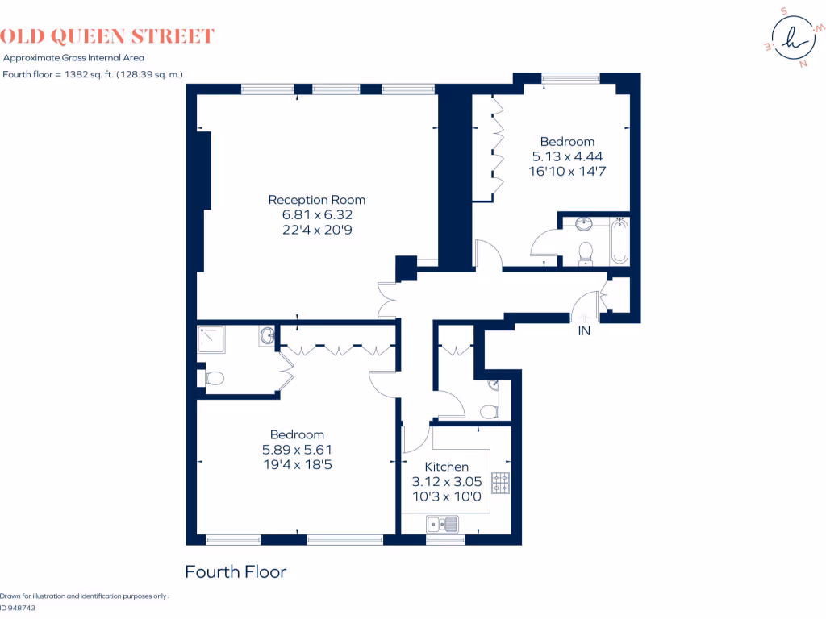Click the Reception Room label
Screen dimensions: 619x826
click(x=316, y=200)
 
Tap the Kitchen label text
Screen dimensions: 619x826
click(x=446, y=467)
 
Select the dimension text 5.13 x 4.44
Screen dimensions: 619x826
click(x=567, y=156)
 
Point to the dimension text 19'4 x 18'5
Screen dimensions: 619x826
click(x=297, y=464)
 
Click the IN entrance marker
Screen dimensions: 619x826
click(x=584, y=330)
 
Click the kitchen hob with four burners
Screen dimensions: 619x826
click(x=501, y=483)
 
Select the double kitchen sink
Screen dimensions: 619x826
click(x=443, y=525)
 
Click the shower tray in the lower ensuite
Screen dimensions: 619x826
click(x=211, y=340)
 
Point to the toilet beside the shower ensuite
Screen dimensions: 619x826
click(x=213, y=377)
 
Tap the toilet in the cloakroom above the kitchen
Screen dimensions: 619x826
click(x=489, y=412)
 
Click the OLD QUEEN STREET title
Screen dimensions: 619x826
click(x=106, y=36)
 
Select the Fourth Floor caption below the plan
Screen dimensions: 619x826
click(x=236, y=572)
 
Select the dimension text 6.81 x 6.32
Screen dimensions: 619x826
click(x=317, y=215)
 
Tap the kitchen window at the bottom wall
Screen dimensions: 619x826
click(x=440, y=538)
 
